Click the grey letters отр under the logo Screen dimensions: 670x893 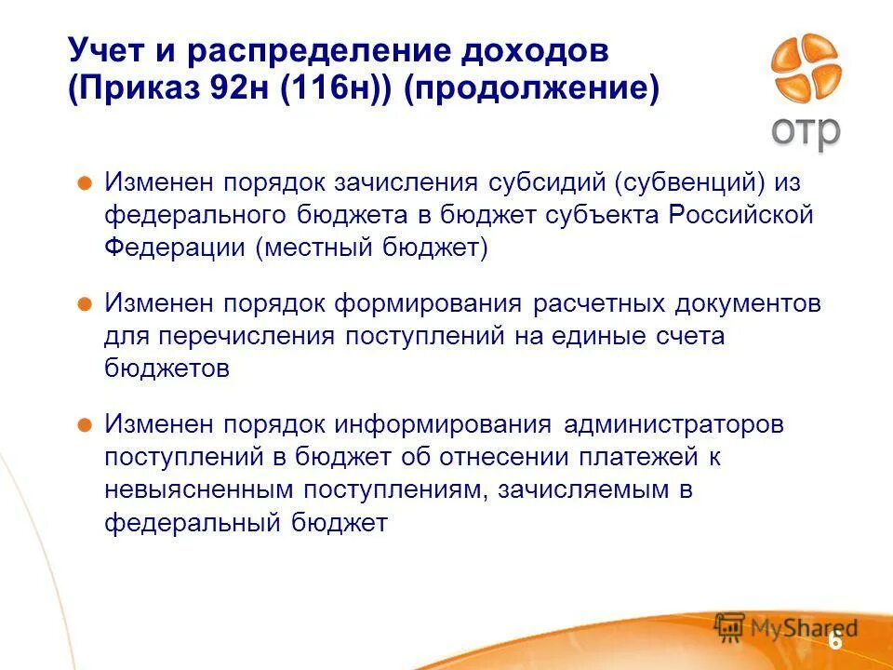pyautogui.click(x=806, y=131)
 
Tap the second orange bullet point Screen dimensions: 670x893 pyautogui.click(x=84, y=303)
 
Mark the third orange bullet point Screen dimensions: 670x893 pyautogui.click(x=84, y=425)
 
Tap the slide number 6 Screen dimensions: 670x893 pyautogui.click(x=834, y=641)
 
